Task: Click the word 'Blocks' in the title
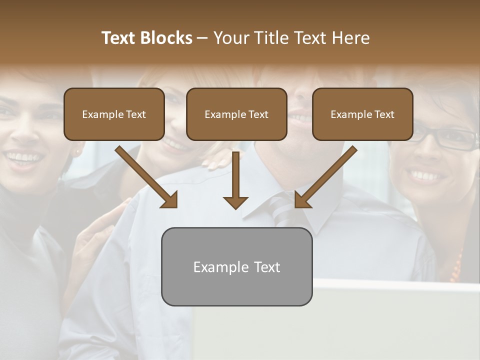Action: coord(166,38)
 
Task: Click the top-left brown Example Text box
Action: coord(114,114)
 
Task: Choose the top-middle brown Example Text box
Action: coord(236,114)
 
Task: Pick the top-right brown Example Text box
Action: coord(362,114)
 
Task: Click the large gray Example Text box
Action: coord(236,267)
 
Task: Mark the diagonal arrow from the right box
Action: coord(325,177)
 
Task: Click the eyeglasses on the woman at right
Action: coord(447,137)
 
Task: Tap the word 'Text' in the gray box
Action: coord(267,267)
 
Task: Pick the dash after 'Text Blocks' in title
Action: coord(203,38)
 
